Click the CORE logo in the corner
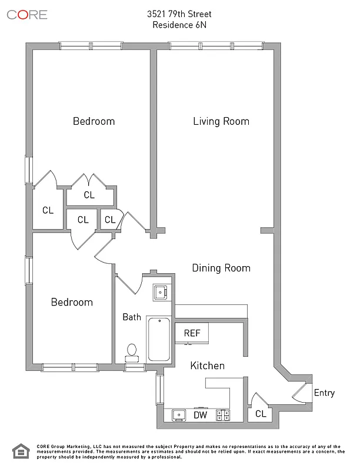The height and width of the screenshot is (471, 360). (27, 15)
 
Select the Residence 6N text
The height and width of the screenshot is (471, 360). (180, 25)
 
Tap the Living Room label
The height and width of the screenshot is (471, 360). (221, 121)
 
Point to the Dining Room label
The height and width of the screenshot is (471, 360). (221, 268)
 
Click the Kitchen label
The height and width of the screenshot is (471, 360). (207, 366)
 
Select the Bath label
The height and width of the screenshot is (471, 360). (131, 317)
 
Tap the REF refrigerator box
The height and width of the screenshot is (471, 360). (192, 333)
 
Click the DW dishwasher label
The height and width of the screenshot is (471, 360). (201, 415)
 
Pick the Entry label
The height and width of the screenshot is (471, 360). (324, 393)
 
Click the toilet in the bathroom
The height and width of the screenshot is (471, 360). (132, 353)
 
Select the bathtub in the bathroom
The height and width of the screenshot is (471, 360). (159, 340)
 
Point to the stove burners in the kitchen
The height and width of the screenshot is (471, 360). (222, 415)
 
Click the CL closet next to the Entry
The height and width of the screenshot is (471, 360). (261, 414)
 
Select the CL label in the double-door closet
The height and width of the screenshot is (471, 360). (89, 195)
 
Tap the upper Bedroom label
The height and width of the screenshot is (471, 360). (94, 121)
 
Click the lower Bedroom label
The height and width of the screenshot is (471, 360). (72, 302)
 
